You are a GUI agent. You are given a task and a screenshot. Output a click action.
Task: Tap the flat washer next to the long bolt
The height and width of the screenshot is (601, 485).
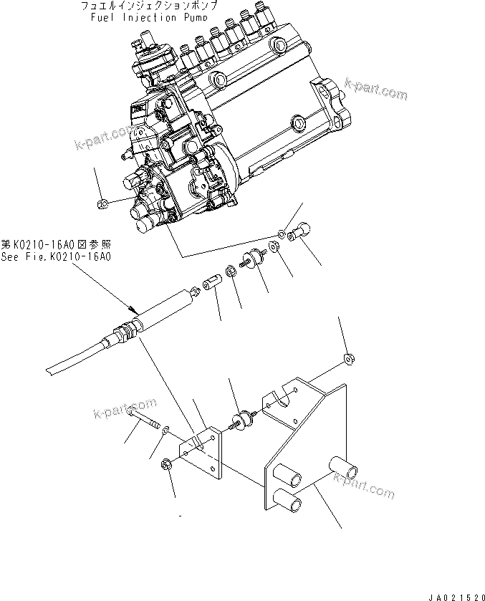point(165,429)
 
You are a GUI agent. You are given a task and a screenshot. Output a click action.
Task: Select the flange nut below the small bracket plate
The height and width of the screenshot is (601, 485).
point(168,463)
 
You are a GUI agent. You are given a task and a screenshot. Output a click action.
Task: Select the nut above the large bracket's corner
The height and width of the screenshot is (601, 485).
point(348,357)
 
